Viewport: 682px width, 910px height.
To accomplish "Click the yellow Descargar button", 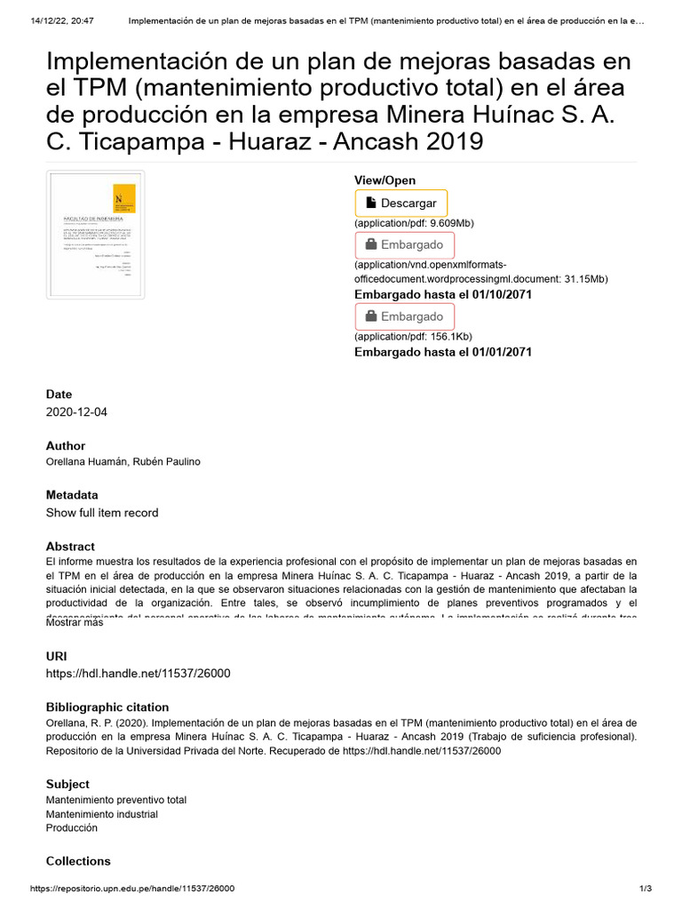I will [x=400, y=204].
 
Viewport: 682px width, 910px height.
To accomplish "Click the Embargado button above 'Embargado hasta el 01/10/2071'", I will [x=404, y=245].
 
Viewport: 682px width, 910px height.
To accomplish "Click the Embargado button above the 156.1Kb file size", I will [x=404, y=316].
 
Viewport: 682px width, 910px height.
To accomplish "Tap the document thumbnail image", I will [x=95, y=235].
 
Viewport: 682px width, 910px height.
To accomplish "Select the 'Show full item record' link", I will [x=102, y=513].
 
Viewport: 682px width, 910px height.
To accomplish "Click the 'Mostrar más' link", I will [x=75, y=623].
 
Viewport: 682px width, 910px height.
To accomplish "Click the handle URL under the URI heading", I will [x=138, y=673].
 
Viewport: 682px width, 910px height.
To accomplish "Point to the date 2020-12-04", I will [x=76, y=412].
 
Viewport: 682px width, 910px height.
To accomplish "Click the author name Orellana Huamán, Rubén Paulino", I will [x=123, y=462].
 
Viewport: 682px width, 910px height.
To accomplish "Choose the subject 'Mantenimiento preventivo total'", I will [x=116, y=800].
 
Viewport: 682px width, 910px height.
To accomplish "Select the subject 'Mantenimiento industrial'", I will [x=102, y=814].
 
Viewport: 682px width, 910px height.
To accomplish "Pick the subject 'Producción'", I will [x=72, y=828].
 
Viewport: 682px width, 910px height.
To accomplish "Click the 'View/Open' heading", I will [x=385, y=180].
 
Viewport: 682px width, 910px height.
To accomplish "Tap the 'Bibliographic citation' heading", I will [x=107, y=706].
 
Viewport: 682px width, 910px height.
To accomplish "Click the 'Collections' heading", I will [x=78, y=861].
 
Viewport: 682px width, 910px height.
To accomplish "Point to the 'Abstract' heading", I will [x=70, y=547].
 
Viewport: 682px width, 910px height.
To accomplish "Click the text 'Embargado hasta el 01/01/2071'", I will [x=443, y=352].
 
